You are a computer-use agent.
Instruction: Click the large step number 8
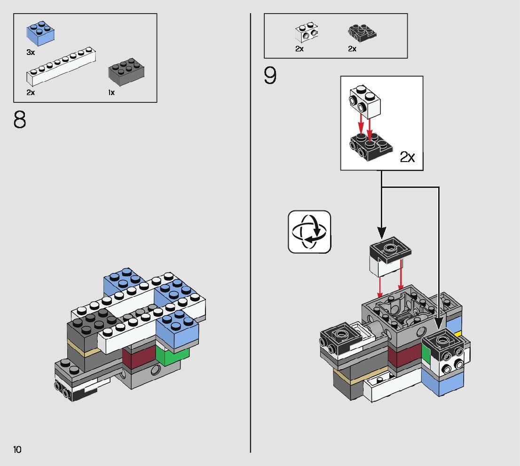tap(20, 121)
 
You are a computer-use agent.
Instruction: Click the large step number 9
tap(270, 77)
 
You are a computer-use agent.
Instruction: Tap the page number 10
tap(17, 450)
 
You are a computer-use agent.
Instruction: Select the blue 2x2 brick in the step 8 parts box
tap(40, 34)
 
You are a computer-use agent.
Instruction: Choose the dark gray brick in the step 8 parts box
tap(126, 72)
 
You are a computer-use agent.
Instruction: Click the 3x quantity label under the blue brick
tap(31, 53)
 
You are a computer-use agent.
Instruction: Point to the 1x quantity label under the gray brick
tap(111, 93)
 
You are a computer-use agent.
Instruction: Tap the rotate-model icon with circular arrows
tap(309, 232)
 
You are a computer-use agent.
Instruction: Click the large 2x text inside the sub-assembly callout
tap(407, 157)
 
